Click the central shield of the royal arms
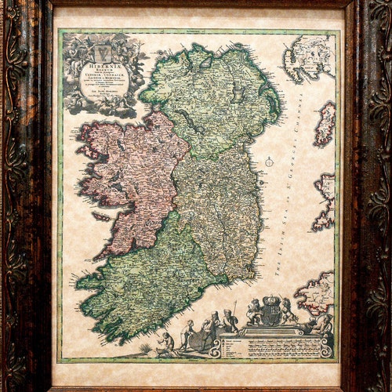coord(270,314)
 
